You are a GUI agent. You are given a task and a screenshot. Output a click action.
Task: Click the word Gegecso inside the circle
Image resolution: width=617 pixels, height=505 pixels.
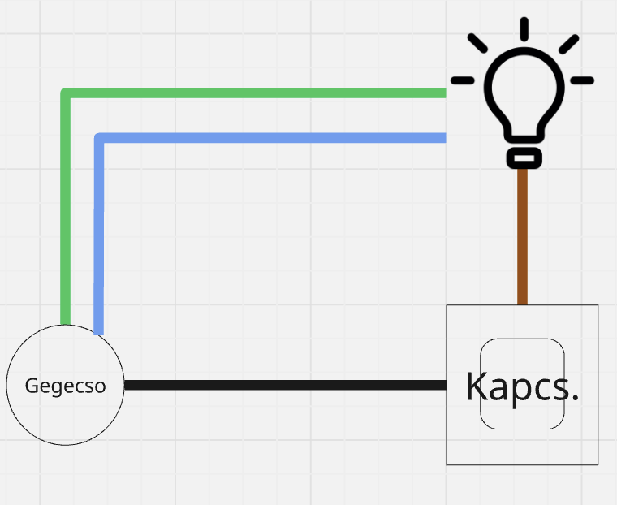[x=65, y=386]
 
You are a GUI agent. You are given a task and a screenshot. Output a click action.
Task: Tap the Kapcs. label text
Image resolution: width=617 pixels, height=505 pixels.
[x=522, y=386]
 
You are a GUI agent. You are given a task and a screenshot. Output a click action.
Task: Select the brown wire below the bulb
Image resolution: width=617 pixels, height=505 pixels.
[x=522, y=235]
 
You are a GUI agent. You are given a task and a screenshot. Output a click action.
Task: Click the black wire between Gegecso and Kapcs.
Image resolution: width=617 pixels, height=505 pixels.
[x=284, y=385]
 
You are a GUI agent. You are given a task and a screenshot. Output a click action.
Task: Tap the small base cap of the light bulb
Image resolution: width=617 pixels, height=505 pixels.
[x=524, y=157]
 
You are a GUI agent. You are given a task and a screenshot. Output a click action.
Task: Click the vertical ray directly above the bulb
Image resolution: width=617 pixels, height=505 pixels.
[x=524, y=28]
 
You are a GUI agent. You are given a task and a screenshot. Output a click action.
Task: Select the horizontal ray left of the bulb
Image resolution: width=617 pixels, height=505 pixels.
[x=463, y=80]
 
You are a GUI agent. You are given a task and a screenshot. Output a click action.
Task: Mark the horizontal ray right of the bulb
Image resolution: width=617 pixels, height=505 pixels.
[x=582, y=80]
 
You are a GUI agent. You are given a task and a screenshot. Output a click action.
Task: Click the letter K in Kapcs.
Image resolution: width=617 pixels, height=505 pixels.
[x=476, y=386]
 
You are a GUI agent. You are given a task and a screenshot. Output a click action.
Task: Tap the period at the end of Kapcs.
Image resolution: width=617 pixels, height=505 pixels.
[x=575, y=399]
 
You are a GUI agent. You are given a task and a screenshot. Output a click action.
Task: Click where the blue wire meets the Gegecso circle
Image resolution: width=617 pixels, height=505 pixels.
[x=99, y=331]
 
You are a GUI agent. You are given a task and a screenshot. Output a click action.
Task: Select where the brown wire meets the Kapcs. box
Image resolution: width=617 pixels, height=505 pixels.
[x=522, y=304]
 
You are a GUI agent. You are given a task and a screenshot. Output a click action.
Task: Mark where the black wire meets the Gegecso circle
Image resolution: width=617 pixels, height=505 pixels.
[x=125, y=385]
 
